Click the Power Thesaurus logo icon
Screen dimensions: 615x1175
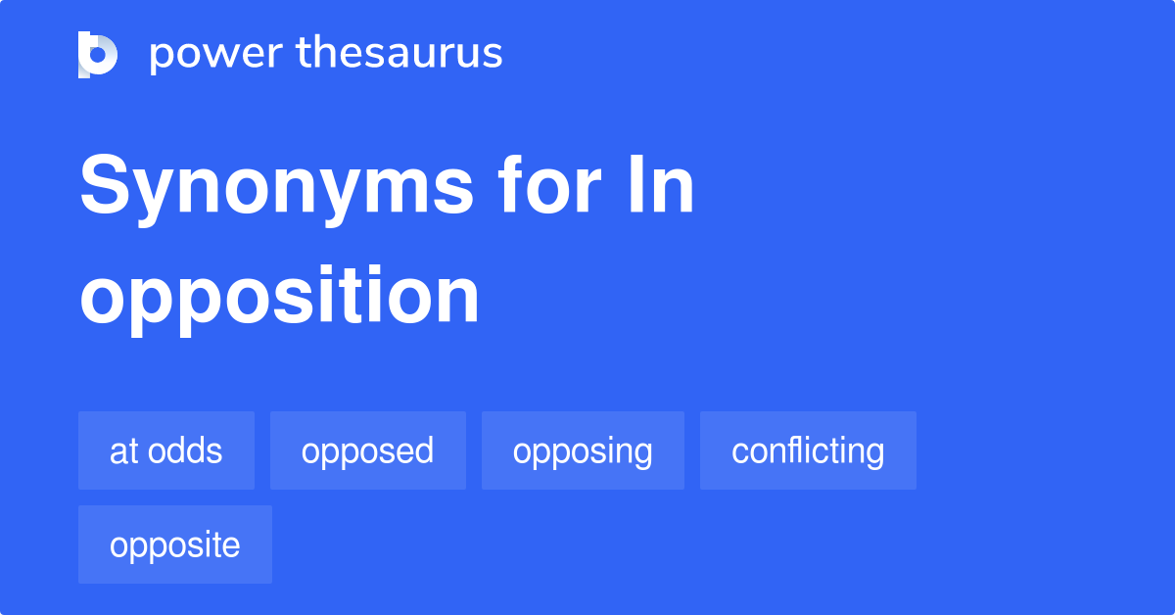pyautogui.click(x=98, y=54)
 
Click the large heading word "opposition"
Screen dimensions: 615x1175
pyautogui.click(x=280, y=298)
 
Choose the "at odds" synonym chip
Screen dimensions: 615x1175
pyautogui.click(x=166, y=450)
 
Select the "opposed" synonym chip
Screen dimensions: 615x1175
pyautogui.click(x=368, y=450)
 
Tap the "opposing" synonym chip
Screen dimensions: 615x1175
pyautogui.click(x=583, y=450)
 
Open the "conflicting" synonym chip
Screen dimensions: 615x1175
pyautogui.click(x=808, y=450)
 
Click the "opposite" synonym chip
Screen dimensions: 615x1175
pyautogui.click(x=175, y=544)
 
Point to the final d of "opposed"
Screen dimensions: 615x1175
pyautogui.click(x=423, y=450)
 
